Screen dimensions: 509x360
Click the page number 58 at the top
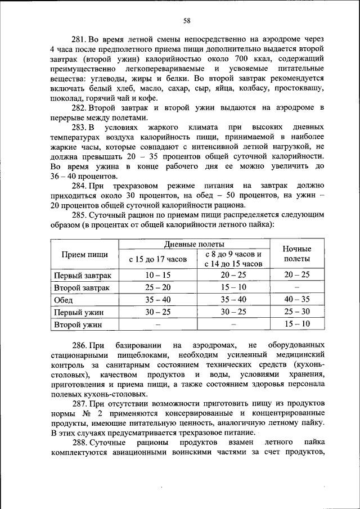(187, 21)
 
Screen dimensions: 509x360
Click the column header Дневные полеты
(194, 244)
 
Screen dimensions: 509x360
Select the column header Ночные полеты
(296, 254)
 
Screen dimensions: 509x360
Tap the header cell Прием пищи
(85, 254)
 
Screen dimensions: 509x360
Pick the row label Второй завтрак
(82, 287)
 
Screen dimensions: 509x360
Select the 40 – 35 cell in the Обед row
(296, 300)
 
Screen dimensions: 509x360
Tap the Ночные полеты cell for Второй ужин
(296, 324)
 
